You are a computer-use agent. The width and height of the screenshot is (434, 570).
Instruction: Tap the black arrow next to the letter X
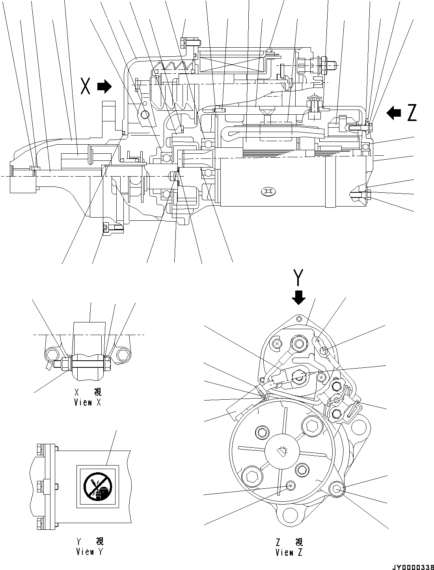click(104, 86)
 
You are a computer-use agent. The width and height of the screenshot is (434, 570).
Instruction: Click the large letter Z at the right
click(412, 113)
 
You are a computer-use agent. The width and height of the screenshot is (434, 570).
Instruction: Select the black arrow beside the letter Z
click(393, 113)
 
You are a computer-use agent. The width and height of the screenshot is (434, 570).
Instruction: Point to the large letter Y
click(299, 278)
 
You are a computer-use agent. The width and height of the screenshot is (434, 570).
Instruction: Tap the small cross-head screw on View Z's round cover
click(291, 486)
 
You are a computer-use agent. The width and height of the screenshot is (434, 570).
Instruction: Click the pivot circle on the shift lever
click(145, 114)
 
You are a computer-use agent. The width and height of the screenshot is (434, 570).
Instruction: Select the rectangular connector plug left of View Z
click(237, 412)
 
